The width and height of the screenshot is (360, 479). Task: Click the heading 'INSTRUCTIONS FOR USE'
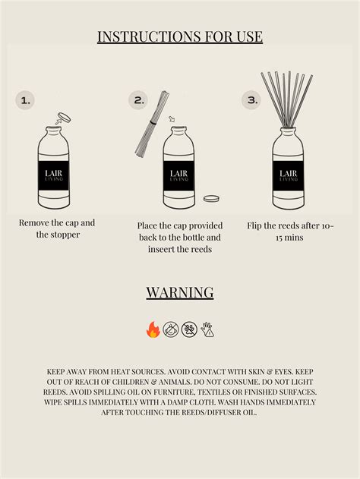pos(180,36)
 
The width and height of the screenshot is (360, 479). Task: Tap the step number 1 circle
pos(25,100)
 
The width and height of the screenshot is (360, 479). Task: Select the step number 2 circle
pos(137,100)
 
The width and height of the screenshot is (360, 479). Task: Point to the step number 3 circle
pos(251,100)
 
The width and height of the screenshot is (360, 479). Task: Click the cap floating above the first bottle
pos(64,118)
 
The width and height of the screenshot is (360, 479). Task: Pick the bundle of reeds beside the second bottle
pos(152,123)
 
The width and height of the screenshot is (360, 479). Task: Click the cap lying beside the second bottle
pos(211,199)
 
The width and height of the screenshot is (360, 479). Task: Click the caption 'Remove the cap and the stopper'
pos(57,228)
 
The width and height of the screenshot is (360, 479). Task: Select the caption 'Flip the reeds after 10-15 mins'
pos(290,232)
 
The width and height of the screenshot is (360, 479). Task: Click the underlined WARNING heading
pos(180,292)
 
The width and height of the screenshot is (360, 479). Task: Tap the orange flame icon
pos(153,329)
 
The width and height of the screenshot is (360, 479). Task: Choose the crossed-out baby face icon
pos(171,329)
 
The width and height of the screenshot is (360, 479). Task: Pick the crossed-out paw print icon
pos(189,329)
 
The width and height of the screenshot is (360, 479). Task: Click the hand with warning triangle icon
pos(207,329)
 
